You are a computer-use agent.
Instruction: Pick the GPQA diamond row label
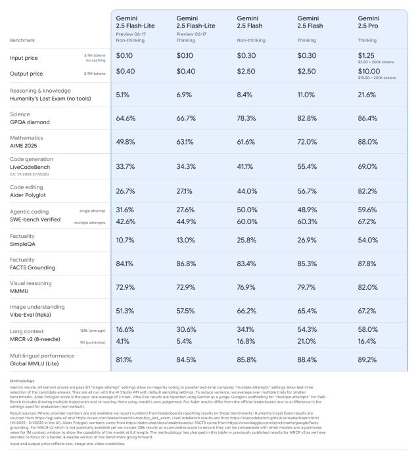coord(32,122)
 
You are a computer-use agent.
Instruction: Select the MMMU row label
coord(20,302)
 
